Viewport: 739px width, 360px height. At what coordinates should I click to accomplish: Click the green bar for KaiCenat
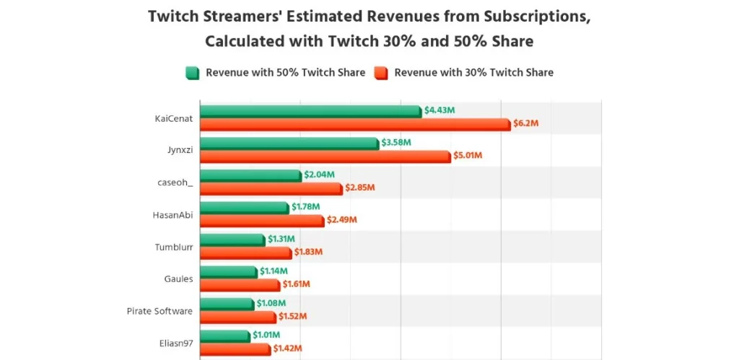pyautogui.click(x=310, y=111)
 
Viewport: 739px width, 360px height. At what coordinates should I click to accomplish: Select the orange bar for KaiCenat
pyautogui.click(x=354, y=124)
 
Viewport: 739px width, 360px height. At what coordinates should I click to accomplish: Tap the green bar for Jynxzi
pyautogui.click(x=289, y=144)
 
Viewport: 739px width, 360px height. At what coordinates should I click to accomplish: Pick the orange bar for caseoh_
pyautogui.click(x=271, y=188)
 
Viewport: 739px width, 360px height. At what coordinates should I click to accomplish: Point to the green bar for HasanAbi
pyautogui.click(x=244, y=208)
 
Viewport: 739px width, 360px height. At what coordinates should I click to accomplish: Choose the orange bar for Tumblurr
pyautogui.click(x=245, y=253)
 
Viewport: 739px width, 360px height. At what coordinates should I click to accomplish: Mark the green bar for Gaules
pyautogui.click(x=228, y=272)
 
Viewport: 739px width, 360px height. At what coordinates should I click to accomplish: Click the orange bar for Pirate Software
pyautogui.click(x=237, y=317)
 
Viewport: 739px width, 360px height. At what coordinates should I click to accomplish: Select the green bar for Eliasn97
pyautogui.click(x=224, y=336)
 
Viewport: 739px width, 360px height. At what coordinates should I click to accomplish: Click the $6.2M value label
pyautogui.click(x=525, y=123)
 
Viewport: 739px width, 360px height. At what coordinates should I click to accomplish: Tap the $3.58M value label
pyautogui.click(x=396, y=143)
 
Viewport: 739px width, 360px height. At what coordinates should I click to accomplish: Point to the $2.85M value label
pyautogui.click(x=360, y=188)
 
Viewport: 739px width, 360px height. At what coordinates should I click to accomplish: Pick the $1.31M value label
pyautogui.click(x=281, y=239)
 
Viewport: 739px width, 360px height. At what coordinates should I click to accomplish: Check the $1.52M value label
pyautogui.click(x=293, y=316)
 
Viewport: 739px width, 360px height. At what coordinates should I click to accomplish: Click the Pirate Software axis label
pyautogui.click(x=159, y=311)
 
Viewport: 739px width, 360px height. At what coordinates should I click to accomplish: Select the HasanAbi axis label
pyautogui.click(x=173, y=214)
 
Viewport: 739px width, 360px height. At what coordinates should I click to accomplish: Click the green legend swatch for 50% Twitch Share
pyautogui.click(x=192, y=72)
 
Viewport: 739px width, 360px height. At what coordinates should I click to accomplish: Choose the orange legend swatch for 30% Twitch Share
pyautogui.click(x=381, y=72)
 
